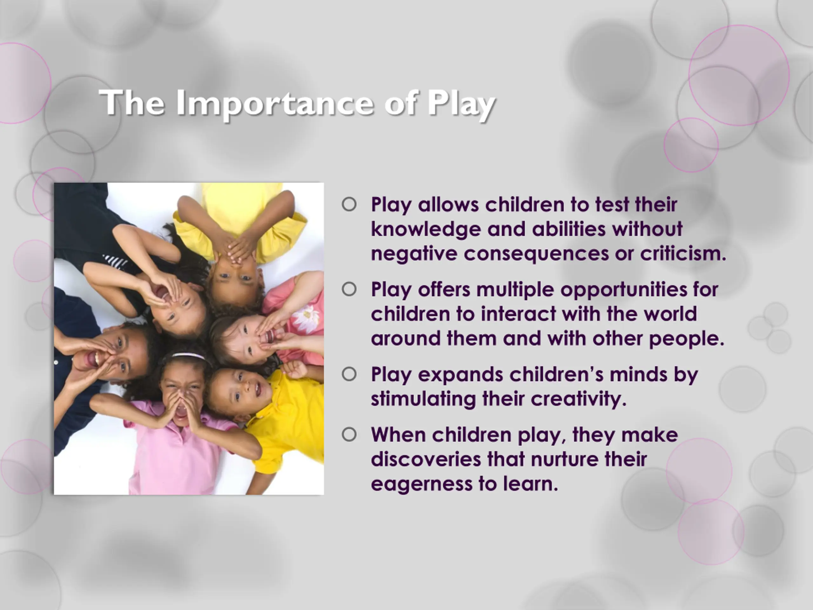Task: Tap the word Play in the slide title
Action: [461, 104]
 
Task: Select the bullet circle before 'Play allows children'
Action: [349, 204]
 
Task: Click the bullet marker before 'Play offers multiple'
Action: [349, 289]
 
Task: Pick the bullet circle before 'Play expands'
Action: [349, 374]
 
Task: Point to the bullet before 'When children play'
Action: [349, 435]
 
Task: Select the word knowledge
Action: [426, 229]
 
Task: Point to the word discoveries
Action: [426, 459]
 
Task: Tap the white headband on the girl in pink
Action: [188, 356]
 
